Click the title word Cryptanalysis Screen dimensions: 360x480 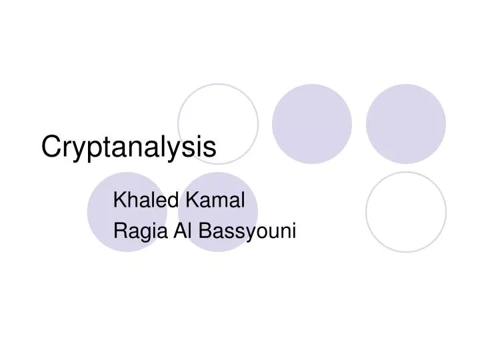[x=129, y=147]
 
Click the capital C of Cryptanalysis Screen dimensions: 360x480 [x=51, y=147]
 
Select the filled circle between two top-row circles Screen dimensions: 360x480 [x=312, y=123]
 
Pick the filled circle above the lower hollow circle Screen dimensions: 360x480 [x=405, y=123]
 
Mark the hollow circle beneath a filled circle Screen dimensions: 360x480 [x=405, y=212]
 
